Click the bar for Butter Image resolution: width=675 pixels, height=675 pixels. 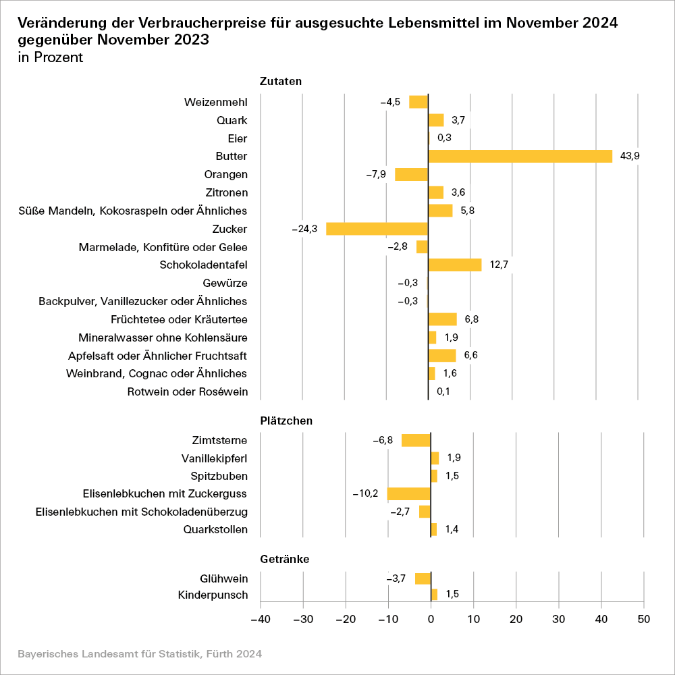pyautogui.click(x=520, y=156)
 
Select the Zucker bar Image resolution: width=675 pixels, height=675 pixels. pyautogui.click(x=377, y=229)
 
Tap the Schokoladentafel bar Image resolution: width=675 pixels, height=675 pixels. pyautogui.click(x=455, y=265)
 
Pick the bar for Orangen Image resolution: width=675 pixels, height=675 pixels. pyautogui.click(x=412, y=174)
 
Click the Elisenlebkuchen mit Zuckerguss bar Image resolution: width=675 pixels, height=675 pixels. pyautogui.click(x=409, y=493)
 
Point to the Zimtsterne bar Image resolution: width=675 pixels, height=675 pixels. pyautogui.click(x=416, y=440)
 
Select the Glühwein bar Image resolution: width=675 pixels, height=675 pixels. pyautogui.click(x=423, y=578)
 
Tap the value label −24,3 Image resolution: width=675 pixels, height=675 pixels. pyautogui.click(x=304, y=229)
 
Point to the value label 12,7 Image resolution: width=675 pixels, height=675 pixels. pyautogui.click(x=499, y=265)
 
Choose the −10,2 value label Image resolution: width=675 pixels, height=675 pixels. pyautogui.click(x=365, y=493)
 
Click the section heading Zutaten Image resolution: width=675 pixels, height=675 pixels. pyautogui.click(x=280, y=81)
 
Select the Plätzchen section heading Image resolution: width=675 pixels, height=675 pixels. pyautogui.click(x=286, y=421)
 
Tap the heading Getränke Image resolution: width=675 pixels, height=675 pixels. pyautogui.click(x=285, y=559)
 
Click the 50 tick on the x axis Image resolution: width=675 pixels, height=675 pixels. pyautogui.click(x=644, y=618)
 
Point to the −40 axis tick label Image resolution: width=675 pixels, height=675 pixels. pyautogui.click(x=260, y=618)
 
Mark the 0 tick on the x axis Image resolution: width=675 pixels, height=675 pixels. pyautogui.click(x=431, y=618)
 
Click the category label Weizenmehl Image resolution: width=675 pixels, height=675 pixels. pyautogui.click(x=215, y=102)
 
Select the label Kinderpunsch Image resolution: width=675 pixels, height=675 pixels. pyautogui.click(x=213, y=595)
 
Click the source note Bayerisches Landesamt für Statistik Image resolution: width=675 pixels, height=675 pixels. pyautogui.click(x=139, y=654)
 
